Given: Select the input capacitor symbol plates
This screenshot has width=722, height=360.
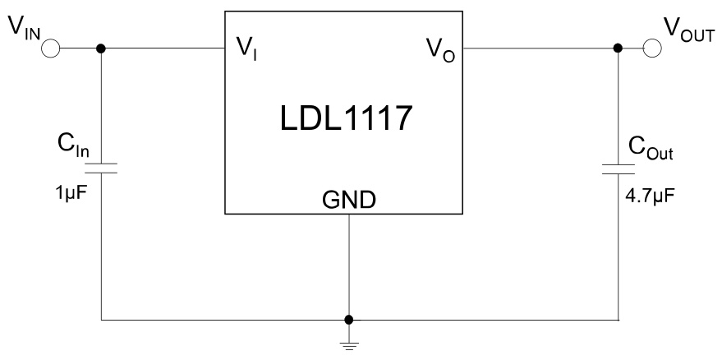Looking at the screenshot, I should click(x=101, y=168).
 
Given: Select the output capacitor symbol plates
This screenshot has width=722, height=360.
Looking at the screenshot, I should click(x=619, y=169).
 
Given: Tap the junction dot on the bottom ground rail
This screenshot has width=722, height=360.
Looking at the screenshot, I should click(x=349, y=319).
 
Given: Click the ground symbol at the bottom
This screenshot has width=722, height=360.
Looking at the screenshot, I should click(x=349, y=344).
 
